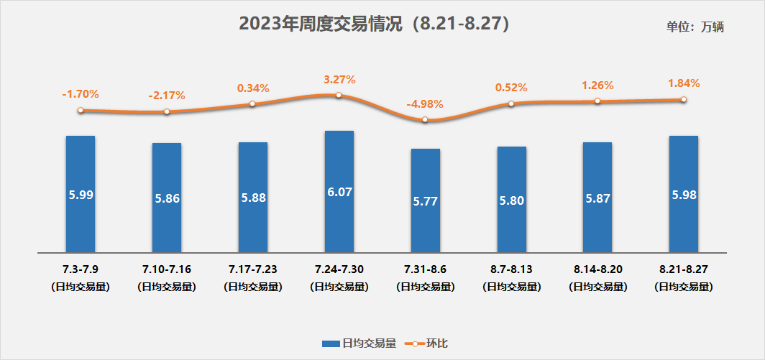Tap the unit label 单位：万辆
695,27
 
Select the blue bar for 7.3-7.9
81,194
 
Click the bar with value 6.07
339,192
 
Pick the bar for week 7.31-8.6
426,200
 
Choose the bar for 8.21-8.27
683,194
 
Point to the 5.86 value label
167,198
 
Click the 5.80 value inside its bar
512,200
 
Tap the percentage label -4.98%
425,104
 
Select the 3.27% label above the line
339,80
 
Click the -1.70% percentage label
81,94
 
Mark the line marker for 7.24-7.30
339,95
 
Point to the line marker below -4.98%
425,120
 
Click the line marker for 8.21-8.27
684,100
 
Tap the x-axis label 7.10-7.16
167,269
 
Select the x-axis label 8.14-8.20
598,269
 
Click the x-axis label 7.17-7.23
253,269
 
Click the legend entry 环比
429,344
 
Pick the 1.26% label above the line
598,86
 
